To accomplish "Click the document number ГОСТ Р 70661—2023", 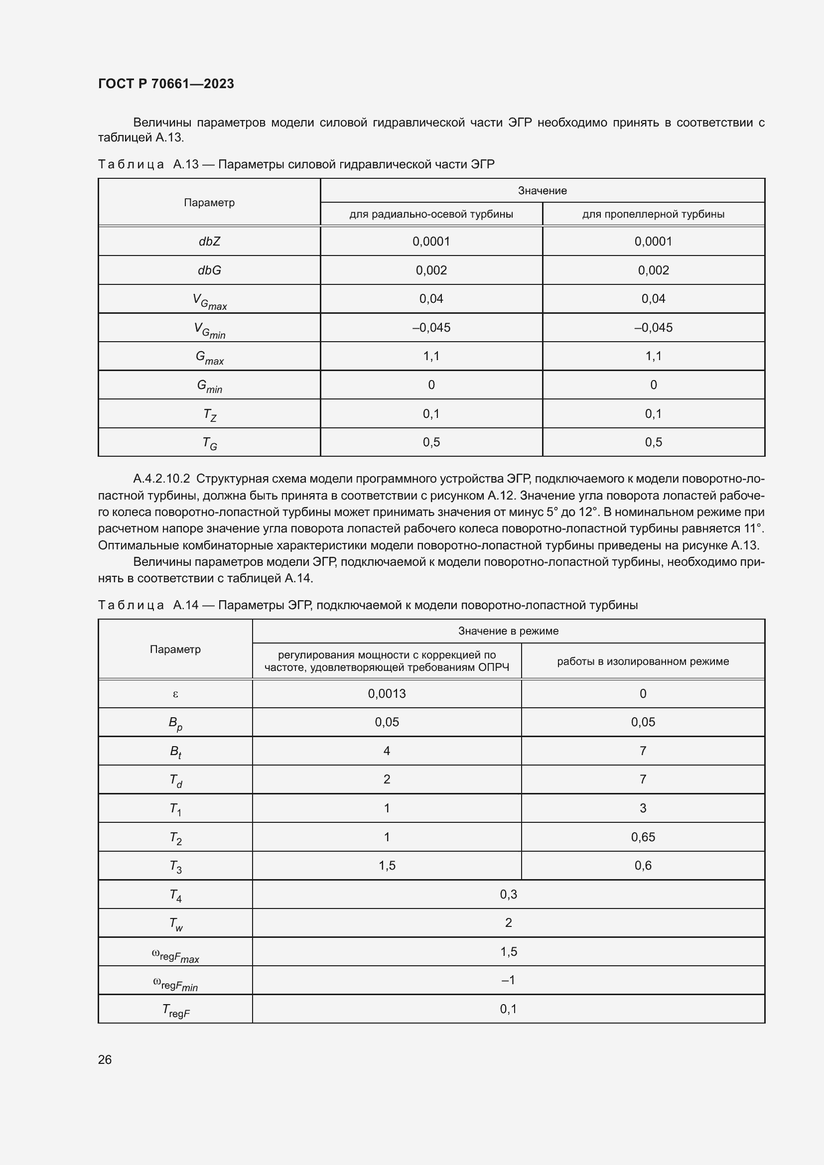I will (166, 84).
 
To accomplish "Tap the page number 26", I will (105, 1059).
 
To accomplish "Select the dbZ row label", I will (209, 242).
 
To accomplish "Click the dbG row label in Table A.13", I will (209, 270).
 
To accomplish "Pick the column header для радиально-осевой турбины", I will (431, 214).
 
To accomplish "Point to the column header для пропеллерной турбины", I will (653, 214).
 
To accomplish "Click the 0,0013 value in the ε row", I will (387, 694).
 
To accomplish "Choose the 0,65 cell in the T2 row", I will (643, 837).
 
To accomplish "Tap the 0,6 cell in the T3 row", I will (643, 866).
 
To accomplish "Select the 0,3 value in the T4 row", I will (509, 895).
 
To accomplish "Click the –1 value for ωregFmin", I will (509, 980).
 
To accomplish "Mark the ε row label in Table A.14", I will (175, 694).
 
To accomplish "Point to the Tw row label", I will (175, 924).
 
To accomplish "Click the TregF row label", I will (175, 1010).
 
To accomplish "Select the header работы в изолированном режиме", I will (643, 661).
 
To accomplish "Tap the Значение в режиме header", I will (509, 631).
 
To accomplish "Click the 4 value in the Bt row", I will (387, 751).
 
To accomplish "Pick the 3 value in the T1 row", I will (643, 808).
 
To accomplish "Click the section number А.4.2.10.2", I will (161, 479).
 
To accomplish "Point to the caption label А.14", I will (186, 605).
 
